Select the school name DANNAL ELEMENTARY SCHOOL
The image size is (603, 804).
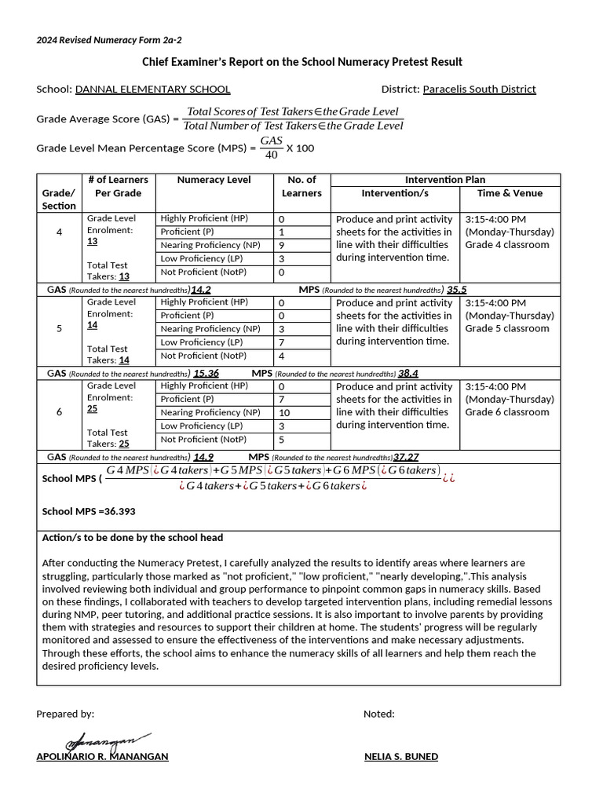152,90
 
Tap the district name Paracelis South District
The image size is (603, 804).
479,90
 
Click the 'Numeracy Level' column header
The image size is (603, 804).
214,180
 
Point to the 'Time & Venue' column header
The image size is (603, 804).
510,193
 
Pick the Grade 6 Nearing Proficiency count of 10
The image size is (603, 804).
284,413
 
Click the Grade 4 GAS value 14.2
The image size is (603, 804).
200,290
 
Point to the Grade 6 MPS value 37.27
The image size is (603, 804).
406,457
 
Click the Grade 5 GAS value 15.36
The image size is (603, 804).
206,374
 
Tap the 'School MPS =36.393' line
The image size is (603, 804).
89,512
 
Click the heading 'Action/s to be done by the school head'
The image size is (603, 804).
132,538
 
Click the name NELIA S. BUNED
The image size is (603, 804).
401,757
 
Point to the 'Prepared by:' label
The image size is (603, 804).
65,714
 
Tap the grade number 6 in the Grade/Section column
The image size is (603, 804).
59,412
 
